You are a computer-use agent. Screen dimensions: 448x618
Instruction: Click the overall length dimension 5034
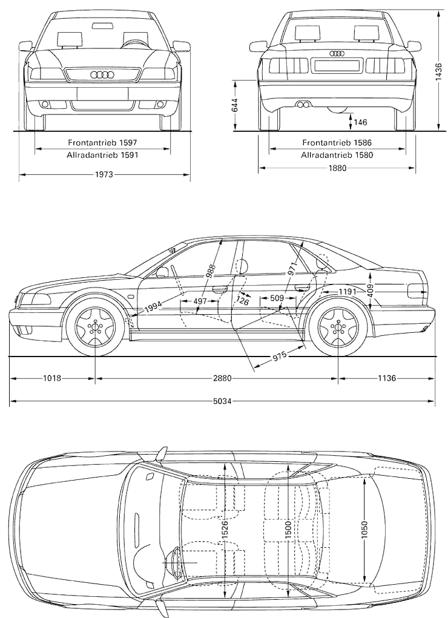[x=222, y=401]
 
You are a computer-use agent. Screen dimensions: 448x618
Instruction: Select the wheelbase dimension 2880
[x=222, y=378]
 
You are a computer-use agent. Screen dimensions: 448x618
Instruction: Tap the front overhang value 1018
[x=51, y=378]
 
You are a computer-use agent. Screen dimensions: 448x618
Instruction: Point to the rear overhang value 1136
[x=387, y=378]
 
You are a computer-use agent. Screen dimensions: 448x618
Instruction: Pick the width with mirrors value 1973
[x=104, y=174]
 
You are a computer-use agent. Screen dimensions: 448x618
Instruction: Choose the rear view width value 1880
[x=337, y=168]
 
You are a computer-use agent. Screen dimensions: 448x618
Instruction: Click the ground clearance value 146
[x=360, y=122]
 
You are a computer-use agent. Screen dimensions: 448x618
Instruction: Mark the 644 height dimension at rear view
[x=235, y=105]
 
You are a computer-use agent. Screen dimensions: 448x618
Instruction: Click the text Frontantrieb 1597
[x=102, y=142]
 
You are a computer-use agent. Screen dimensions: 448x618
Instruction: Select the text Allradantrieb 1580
[x=337, y=155]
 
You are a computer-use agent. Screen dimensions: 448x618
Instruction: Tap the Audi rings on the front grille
[x=102, y=75]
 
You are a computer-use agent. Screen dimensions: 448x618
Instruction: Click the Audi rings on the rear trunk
[x=337, y=53]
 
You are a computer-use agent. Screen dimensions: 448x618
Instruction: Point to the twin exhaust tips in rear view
[x=303, y=105]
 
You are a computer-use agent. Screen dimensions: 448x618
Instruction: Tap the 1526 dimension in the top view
[x=225, y=530]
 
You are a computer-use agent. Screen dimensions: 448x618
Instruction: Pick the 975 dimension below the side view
[x=279, y=357]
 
